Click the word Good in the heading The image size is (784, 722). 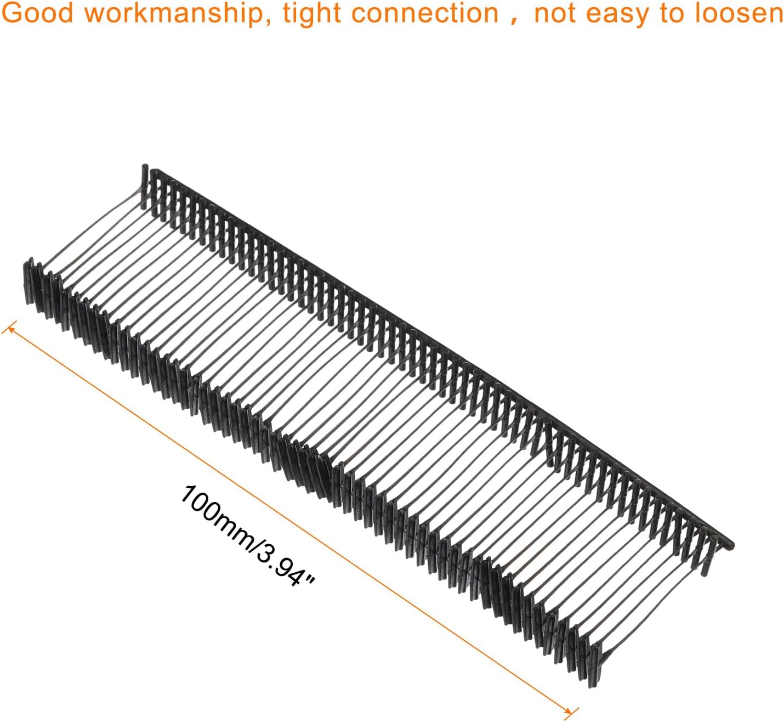(x=37, y=13)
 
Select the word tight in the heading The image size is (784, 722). (x=313, y=14)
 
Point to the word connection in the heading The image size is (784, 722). (x=425, y=13)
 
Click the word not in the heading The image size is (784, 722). (x=555, y=14)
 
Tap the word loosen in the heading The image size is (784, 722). (x=738, y=13)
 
